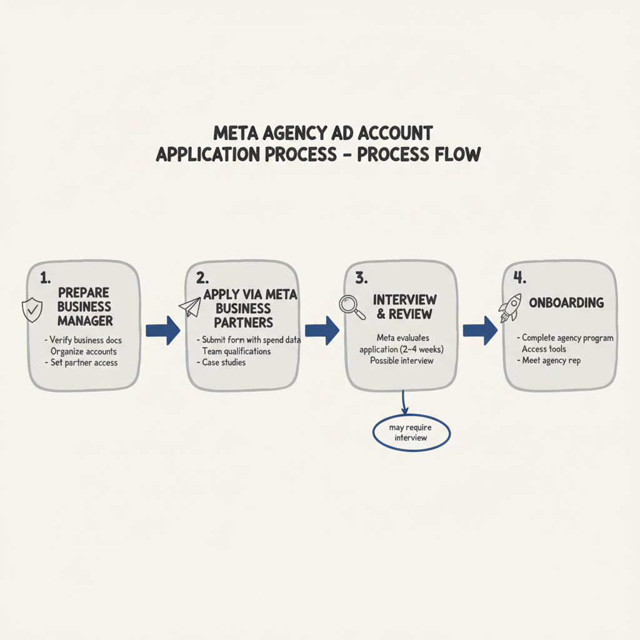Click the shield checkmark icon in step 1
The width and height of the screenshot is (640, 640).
point(32,310)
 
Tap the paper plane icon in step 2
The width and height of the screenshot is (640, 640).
point(190,306)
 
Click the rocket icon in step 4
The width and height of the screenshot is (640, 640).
point(509,307)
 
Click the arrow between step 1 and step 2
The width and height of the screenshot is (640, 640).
point(162,331)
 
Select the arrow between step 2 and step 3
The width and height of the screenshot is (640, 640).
point(321,331)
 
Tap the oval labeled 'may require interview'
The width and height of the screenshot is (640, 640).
point(411,432)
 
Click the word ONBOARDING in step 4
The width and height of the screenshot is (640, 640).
point(566,302)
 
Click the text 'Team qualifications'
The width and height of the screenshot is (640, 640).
point(236,351)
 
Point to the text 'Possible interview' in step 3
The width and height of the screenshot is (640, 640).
point(401,361)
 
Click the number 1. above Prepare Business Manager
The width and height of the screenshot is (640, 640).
point(44,277)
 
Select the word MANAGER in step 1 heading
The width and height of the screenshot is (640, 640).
point(85,321)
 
